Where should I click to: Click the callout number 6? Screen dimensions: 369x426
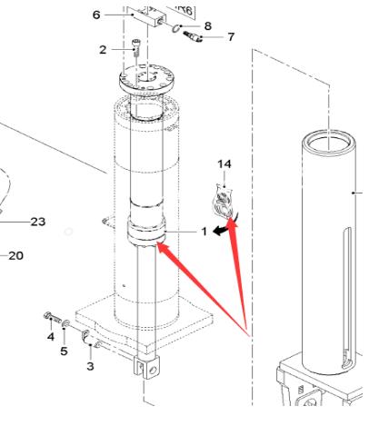click(x=96, y=15)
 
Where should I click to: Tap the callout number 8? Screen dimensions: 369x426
click(x=208, y=26)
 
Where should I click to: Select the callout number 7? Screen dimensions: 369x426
click(x=231, y=37)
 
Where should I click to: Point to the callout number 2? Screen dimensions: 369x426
click(x=103, y=50)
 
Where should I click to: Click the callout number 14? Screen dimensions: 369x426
click(x=224, y=164)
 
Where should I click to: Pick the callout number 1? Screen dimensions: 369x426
click(x=204, y=232)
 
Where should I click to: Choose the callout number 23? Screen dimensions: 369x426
click(x=38, y=222)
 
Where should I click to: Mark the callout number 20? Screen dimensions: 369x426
click(x=15, y=256)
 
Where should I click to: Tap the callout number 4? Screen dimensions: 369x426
click(x=51, y=336)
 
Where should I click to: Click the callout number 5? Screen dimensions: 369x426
click(x=64, y=352)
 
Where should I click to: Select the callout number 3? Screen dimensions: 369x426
click(x=90, y=366)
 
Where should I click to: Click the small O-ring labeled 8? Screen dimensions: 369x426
click(x=176, y=28)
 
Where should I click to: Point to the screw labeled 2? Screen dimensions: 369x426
click(x=136, y=46)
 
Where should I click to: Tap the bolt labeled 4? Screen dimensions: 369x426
click(x=53, y=318)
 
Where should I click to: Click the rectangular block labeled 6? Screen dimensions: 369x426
click(x=149, y=17)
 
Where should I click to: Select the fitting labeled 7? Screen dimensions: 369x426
click(x=193, y=36)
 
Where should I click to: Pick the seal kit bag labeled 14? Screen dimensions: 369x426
click(x=224, y=202)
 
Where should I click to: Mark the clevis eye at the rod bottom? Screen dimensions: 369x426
click(x=147, y=368)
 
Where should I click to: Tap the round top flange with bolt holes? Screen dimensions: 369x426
click(x=146, y=78)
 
